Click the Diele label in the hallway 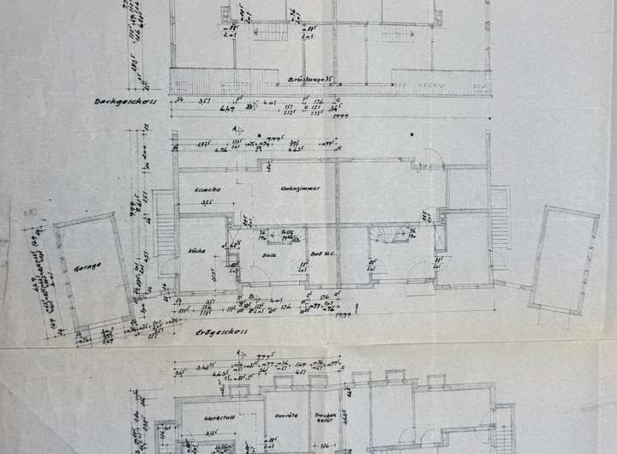click(x=267, y=255)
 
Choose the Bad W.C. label click(x=322, y=255)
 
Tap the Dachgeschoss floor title click(x=117, y=100)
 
